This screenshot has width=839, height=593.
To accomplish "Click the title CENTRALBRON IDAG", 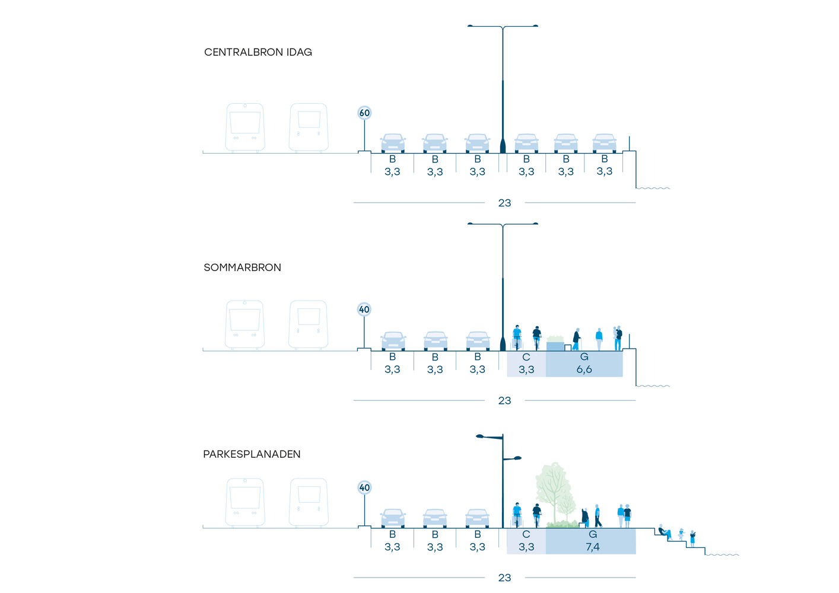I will point(258,52).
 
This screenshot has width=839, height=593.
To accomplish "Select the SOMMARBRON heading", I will point(242,267).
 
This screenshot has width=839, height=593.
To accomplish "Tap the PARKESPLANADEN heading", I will point(252,454).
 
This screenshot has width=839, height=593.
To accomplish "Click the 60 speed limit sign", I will point(364,113).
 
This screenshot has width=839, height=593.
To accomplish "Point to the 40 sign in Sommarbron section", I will point(364,310).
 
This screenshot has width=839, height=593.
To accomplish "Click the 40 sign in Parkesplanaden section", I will point(364,487).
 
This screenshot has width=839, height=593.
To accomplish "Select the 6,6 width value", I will point(584,369).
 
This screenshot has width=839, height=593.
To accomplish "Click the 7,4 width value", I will point(592,547).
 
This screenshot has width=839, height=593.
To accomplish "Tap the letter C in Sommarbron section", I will point(526,357).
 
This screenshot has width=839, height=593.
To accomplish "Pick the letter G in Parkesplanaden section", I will point(592,534).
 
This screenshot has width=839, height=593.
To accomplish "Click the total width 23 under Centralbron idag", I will point(504,203).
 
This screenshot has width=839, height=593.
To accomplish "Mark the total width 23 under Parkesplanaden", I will point(504,578).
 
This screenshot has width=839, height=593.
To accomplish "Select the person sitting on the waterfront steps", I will point(664,531).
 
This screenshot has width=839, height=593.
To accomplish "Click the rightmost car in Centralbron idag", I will point(604,144).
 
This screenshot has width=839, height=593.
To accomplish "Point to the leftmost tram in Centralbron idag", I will point(245,127).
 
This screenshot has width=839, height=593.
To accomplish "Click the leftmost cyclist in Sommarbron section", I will point(517,337).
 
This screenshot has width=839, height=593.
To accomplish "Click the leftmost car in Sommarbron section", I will point(393,341).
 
